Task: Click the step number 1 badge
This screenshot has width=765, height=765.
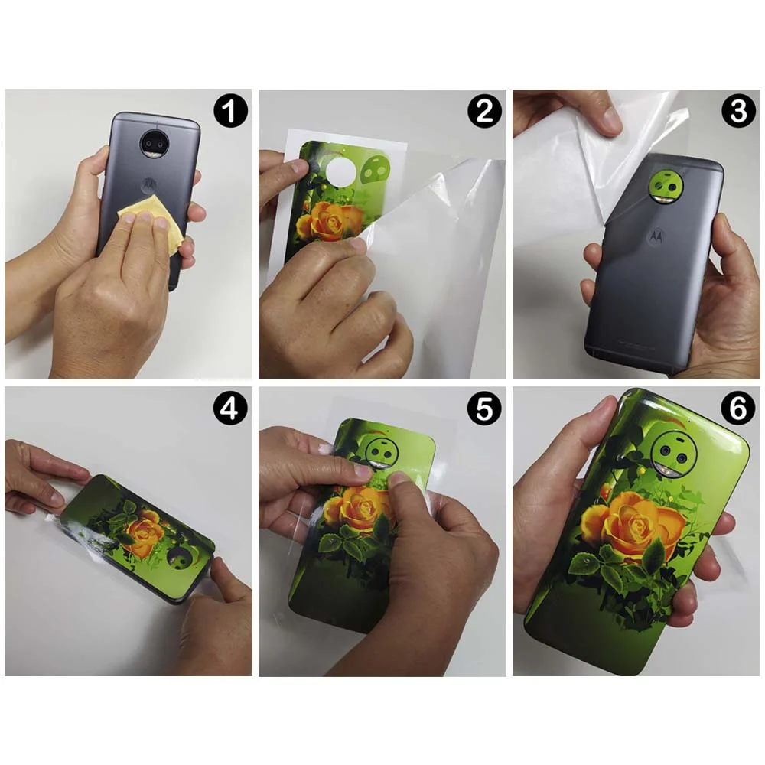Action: point(230,112)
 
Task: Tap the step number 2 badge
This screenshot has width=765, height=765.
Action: point(484,112)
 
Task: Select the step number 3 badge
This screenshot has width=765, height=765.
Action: point(737,112)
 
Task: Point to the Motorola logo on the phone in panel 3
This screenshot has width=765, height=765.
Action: point(656,238)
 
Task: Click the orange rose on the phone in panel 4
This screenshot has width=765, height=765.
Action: point(145,535)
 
